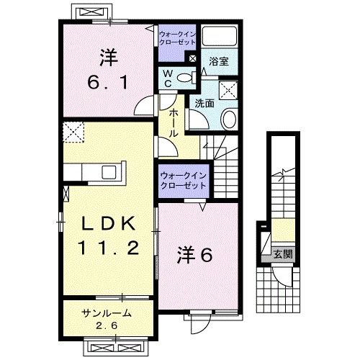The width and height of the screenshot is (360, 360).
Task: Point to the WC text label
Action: [x=166, y=77]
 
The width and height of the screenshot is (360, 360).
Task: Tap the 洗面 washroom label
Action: [x=204, y=103]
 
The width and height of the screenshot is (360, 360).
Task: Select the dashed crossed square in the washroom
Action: [x=230, y=89]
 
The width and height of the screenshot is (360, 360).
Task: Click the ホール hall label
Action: [x=174, y=123]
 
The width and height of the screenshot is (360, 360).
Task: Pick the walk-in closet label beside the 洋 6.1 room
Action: [x=177, y=37]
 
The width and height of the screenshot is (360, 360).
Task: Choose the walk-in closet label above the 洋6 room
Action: [x=183, y=180]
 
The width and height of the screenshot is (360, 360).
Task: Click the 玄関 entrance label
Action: [x=281, y=254]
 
